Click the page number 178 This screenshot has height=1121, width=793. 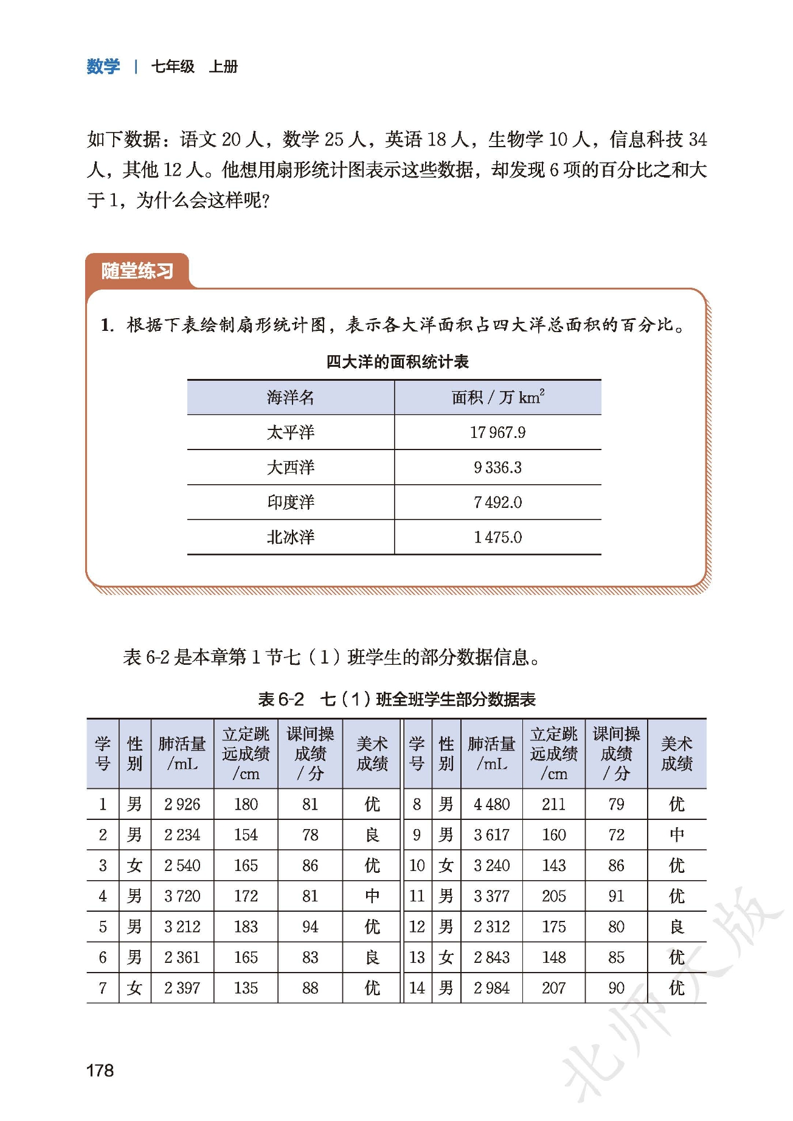100,1070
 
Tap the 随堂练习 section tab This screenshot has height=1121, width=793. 137,271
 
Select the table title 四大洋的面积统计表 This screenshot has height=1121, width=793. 397,362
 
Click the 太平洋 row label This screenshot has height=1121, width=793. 291,432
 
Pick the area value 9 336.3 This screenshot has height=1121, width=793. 497,467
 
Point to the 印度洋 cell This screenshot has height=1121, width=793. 291,502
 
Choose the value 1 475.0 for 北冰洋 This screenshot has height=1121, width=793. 497,537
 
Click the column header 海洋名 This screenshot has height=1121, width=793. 291,398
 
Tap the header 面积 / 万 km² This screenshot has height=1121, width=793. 497,398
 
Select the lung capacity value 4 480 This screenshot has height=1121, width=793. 491,804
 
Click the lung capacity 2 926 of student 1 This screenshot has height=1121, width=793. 182,804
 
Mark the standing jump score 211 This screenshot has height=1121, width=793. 553,804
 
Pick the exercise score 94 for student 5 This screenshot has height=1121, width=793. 310,926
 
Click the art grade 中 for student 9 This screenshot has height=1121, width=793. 676,835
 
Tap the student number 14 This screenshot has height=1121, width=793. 417,988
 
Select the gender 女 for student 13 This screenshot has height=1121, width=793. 446,957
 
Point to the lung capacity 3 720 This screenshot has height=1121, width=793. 182,896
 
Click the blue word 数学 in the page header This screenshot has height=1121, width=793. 103,66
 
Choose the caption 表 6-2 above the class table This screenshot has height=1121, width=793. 281,699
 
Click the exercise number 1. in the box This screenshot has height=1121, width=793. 107,325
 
